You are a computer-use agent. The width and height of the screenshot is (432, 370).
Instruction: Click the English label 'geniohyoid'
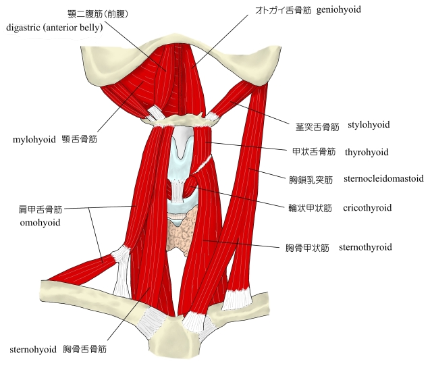pos(338,10)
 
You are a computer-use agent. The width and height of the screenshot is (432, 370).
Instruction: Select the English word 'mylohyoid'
pos(33,140)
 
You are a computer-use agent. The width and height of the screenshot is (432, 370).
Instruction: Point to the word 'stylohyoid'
pos(369,125)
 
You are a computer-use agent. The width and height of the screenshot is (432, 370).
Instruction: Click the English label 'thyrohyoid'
pos(366,153)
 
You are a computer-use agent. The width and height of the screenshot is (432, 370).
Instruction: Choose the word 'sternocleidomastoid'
pos(384,179)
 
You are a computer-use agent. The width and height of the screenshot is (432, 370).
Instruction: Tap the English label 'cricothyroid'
pos(367,207)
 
